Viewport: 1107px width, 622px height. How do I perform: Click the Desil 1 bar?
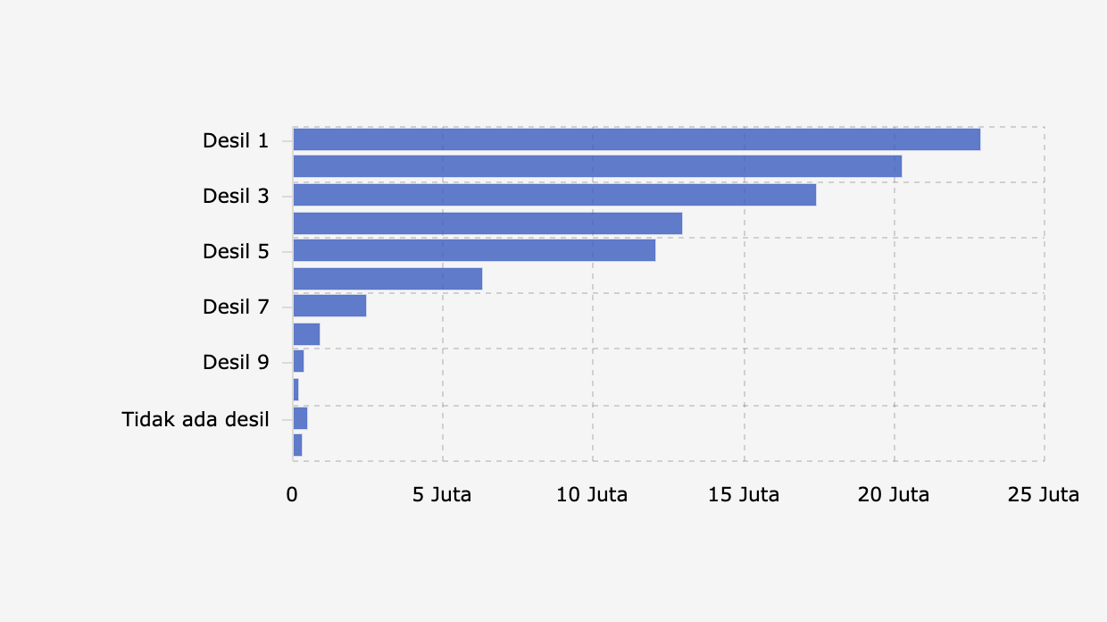637,139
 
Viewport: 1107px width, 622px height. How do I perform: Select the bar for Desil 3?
554,195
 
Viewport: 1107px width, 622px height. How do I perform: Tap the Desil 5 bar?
474,250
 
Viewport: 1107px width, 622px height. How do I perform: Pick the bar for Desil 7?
329,306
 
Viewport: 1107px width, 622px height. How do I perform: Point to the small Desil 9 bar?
298,361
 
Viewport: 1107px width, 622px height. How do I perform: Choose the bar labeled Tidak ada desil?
300,417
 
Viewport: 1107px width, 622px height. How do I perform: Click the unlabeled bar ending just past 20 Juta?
597,166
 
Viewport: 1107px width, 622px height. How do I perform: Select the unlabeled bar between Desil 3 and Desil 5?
487,223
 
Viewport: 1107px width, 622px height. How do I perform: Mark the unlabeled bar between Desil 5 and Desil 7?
387,279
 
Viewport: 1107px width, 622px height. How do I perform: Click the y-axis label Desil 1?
236,140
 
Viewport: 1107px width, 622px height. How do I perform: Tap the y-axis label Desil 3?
236,196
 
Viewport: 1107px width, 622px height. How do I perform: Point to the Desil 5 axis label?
236,251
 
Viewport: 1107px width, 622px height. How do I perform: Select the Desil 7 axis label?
236,307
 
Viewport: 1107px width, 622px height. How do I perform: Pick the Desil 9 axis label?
236,362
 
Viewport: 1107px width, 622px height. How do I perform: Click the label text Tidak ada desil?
196,418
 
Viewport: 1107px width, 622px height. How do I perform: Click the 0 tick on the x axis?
292,494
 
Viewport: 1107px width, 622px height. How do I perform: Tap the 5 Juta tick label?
442,494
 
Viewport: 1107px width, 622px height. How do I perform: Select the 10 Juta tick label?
592,494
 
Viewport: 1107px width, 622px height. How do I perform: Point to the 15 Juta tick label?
743,494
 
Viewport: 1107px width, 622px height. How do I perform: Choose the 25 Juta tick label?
1043,494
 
